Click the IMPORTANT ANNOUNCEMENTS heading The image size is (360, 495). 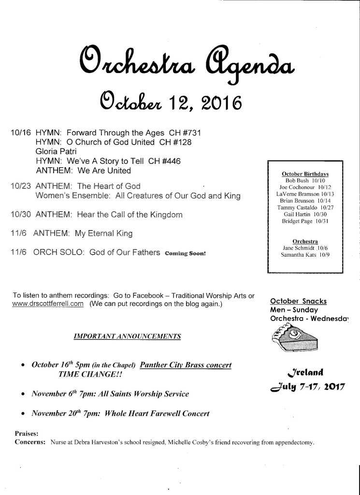tap(128, 336)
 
